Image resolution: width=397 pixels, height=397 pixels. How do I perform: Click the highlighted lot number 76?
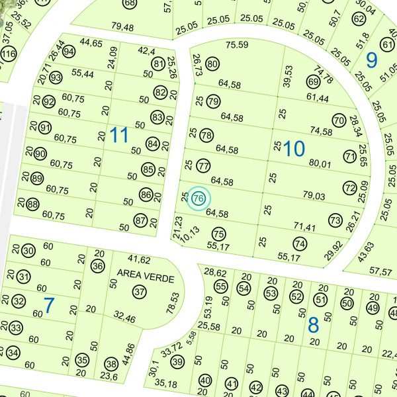[x=198, y=198]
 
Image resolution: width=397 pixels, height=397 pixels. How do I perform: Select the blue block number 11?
[x=118, y=136]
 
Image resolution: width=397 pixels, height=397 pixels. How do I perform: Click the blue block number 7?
[x=48, y=305]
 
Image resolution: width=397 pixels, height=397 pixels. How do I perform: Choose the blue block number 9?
[x=371, y=60]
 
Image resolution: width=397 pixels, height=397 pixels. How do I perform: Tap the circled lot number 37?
[x=139, y=291]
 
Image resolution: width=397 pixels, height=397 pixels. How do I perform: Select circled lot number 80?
[x=212, y=64]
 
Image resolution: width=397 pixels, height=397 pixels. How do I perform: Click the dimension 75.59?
[x=237, y=45]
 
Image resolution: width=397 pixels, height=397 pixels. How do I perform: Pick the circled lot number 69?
[x=314, y=82]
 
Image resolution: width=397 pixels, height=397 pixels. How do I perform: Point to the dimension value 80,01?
[x=319, y=163]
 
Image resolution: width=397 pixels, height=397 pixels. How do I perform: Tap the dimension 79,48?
[x=122, y=27]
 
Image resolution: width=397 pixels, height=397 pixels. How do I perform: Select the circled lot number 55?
[x=220, y=287]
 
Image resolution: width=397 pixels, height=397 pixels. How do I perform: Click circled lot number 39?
[x=177, y=362]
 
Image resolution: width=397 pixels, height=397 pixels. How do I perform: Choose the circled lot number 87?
[x=140, y=220]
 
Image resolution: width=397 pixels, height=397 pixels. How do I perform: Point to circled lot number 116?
[x=9, y=54]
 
